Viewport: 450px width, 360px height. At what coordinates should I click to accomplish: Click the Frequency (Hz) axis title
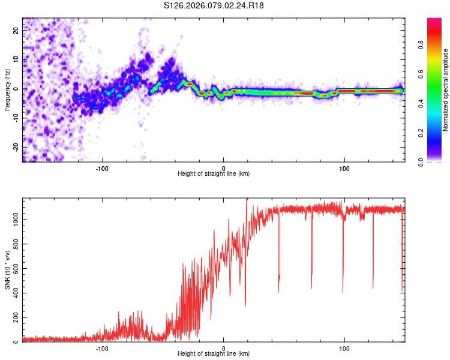click(x=7, y=89)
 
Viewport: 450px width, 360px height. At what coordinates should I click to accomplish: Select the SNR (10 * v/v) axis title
click(x=7, y=270)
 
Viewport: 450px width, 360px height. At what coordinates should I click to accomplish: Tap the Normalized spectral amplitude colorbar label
click(x=446, y=90)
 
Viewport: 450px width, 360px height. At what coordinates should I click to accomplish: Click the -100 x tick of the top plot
click(x=102, y=168)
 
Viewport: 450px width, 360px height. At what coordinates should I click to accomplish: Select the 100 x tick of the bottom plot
click(x=344, y=349)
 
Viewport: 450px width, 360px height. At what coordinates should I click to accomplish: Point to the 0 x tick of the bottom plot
click(x=223, y=349)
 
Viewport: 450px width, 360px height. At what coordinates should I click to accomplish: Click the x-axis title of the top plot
click(x=214, y=174)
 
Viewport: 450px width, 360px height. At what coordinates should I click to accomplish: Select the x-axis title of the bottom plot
click(x=214, y=355)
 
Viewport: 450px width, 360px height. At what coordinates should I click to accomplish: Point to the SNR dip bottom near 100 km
click(x=343, y=292)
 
